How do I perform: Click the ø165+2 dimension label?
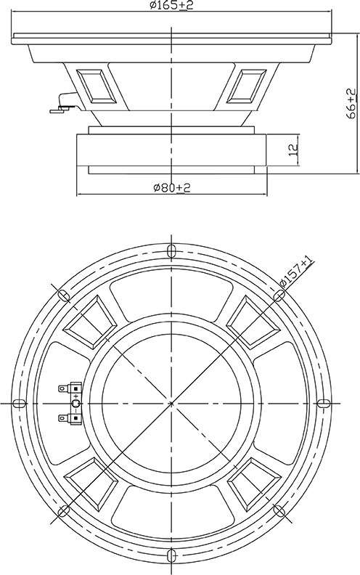[x=171, y=5]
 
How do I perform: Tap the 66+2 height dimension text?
[x=351, y=103]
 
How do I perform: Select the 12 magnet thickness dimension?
[x=294, y=150]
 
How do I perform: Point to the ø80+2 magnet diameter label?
[x=172, y=188]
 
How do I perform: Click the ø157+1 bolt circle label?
[x=297, y=272]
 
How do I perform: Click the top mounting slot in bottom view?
[x=171, y=251]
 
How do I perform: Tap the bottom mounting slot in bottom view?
[x=171, y=555]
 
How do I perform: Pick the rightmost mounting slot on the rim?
[x=323, y=404]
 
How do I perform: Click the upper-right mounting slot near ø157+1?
[x=279, y=295]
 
